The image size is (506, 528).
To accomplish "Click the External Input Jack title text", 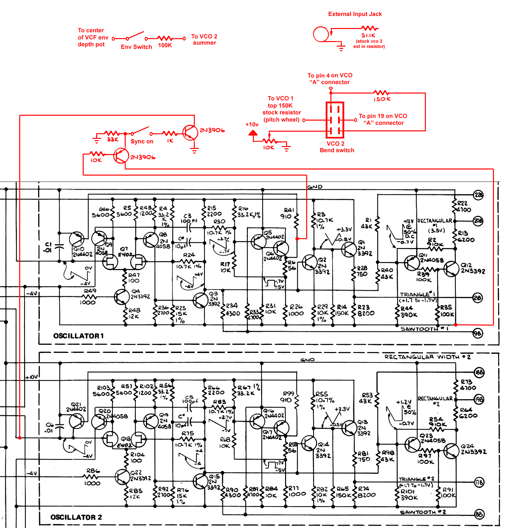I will click(355, 14).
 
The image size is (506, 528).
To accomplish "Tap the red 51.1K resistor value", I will click(368, 35).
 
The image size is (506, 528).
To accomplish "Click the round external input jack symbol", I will click(321, 34).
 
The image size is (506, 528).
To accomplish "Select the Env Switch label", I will click(136, 47).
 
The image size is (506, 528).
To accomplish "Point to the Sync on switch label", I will click(142, 141).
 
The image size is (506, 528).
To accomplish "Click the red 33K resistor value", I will click(112, 139).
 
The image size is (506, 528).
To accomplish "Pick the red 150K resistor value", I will click(382, 99).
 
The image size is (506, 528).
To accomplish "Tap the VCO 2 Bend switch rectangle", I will click(335, 120).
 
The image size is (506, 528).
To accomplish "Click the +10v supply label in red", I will click(252, 125).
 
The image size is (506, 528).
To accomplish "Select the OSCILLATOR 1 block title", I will click(79, 336).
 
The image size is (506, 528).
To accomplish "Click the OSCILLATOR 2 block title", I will click(76, 517).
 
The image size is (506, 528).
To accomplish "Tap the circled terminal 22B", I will click(478, 195).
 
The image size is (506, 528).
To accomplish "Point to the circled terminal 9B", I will click(477, 333).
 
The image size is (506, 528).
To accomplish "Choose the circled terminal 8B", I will click(479, 514).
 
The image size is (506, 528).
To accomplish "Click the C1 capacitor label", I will click(48, 247).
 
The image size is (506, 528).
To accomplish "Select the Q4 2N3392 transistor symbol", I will click(122, 297).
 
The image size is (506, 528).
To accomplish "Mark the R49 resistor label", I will click(90, 291).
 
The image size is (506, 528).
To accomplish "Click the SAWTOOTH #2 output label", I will click(423, 512).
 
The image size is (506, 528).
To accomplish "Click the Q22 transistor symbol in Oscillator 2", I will click(123, 477).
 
